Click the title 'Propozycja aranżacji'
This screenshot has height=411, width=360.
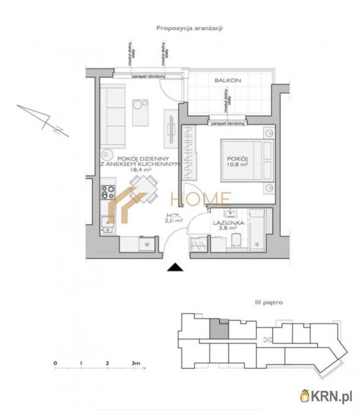pyautogui.click(x=189, y=28)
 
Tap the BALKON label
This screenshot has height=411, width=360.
pyautogui.click(x=227, y=81)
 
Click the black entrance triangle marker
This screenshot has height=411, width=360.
pyautogui.click(x=175, y=267)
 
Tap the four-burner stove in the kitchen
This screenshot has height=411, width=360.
pyautogui.click(x=107, y=192)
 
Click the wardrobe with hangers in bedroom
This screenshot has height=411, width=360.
pyautogui.click(x=188, y=153)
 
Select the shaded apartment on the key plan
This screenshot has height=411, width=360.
pyautogui.click(x=219, y=328)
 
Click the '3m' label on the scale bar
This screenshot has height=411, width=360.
pyautogui.click(x=136, y=363)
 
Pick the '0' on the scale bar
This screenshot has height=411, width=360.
pyautogui.click(x=55, y=363)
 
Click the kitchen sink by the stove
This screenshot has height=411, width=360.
pyautogui.click(x=107, y=222)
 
